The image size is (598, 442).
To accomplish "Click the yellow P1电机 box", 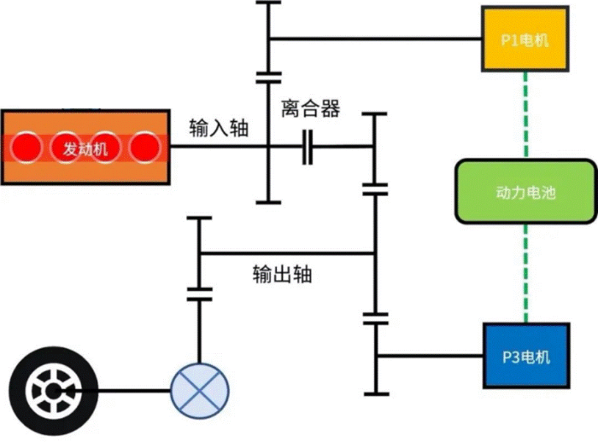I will (x=525, y=40).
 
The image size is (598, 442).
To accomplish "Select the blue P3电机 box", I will (x=525, y=356).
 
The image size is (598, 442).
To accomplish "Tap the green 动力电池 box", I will (x=525, y=192).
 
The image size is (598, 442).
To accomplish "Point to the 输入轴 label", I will (x=219, y=128).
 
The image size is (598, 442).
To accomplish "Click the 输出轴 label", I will (x=282, y=275).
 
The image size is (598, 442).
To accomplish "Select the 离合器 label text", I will (x=310, y=108).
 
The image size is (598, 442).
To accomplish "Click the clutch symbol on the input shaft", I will (x=308, y=148).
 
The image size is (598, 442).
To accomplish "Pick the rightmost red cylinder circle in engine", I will (x=145, y=148).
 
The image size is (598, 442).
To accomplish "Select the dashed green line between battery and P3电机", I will (x=525, y=273).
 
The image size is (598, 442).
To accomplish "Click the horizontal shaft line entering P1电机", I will (x=376, y=39).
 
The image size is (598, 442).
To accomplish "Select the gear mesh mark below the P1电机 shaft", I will (x=268, y=78).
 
